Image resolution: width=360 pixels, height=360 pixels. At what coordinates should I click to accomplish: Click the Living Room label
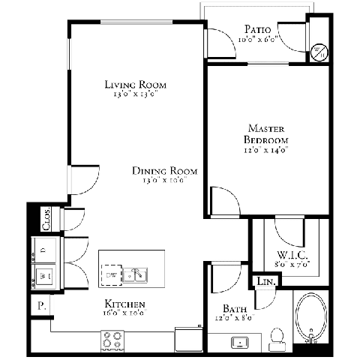[135, 84]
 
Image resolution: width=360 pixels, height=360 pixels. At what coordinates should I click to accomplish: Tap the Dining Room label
[165, 171]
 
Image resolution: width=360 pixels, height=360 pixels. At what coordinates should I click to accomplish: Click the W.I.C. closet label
[293, 255]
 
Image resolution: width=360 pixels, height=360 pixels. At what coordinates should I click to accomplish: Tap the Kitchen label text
[124, 304]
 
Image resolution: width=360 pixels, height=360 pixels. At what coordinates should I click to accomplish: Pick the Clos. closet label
[45, 218]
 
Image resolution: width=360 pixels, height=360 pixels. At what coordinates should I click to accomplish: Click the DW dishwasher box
[112, 275]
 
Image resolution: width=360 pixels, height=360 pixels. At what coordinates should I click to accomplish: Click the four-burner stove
[112, 340]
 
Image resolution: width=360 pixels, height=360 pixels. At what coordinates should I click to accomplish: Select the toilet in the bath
[276, 337]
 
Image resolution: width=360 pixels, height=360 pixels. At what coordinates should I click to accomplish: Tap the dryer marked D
[43, 248]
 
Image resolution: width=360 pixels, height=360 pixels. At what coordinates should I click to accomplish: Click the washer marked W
[43, 275]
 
